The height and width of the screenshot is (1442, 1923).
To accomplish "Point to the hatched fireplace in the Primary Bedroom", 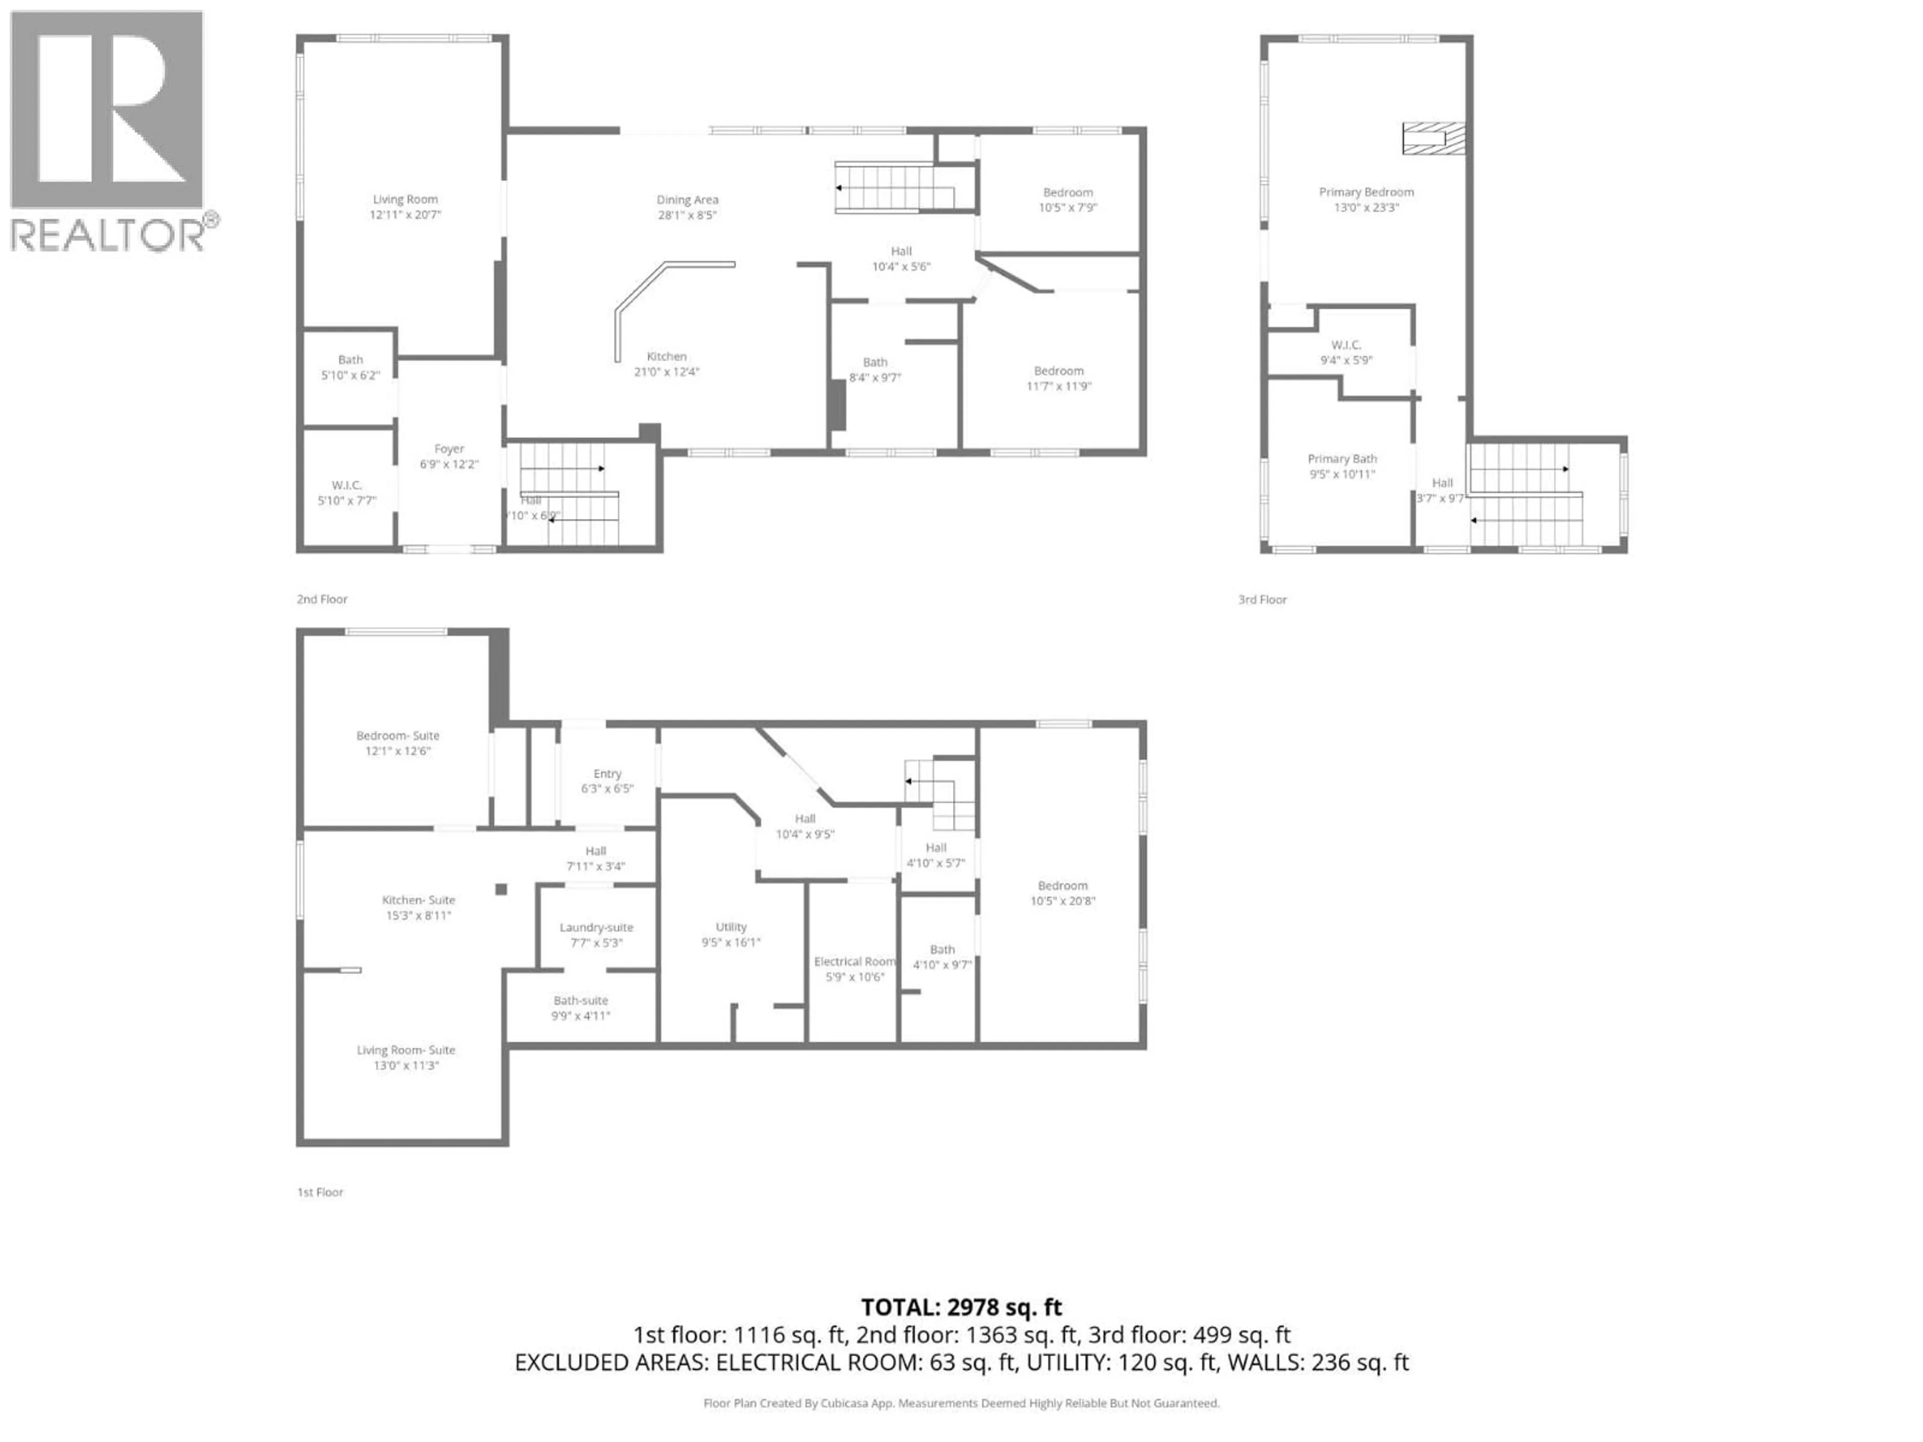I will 1433,138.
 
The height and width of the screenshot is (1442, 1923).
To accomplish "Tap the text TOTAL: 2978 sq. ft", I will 960,1307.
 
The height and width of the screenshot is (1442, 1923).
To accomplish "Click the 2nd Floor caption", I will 322,599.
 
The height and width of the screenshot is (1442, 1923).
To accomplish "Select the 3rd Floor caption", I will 1262,599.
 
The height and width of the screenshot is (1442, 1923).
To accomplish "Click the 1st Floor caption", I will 320,1192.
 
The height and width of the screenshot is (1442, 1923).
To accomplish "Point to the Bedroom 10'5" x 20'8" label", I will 1062,893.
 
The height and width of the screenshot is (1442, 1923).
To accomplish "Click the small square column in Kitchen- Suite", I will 501,888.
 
